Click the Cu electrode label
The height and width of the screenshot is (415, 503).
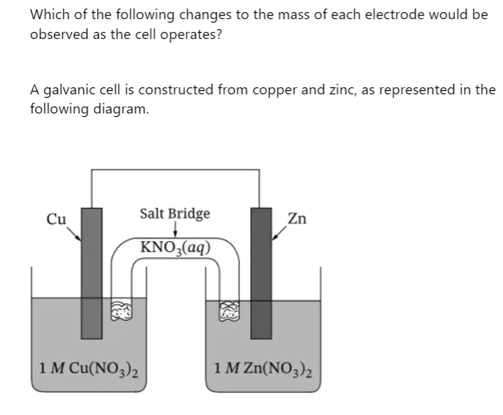tap(56, 219)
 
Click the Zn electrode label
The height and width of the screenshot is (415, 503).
tap(297, 218)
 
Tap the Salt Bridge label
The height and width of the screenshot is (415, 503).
tap(175, 214)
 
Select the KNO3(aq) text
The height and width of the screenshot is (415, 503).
tap(175, 248)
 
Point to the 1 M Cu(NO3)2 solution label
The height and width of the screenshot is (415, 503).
tap(89, 369)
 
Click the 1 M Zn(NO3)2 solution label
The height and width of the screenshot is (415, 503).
tap(263, 369)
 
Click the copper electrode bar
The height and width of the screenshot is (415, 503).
tap(92, 273)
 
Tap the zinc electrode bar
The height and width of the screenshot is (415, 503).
tap(261, 273)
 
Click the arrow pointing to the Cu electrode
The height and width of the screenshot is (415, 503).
tap(74, 233)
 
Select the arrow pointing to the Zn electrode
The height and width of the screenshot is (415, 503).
tap(279, 233)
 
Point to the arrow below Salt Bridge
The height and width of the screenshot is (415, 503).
tap(175, 229)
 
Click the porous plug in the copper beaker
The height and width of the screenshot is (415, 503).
tap(121, 310)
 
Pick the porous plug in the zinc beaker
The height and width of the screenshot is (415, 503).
tap(229, 311)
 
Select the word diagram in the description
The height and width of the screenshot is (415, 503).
tap(121, 109)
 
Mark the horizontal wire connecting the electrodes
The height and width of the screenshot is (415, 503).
tap(175, 170)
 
